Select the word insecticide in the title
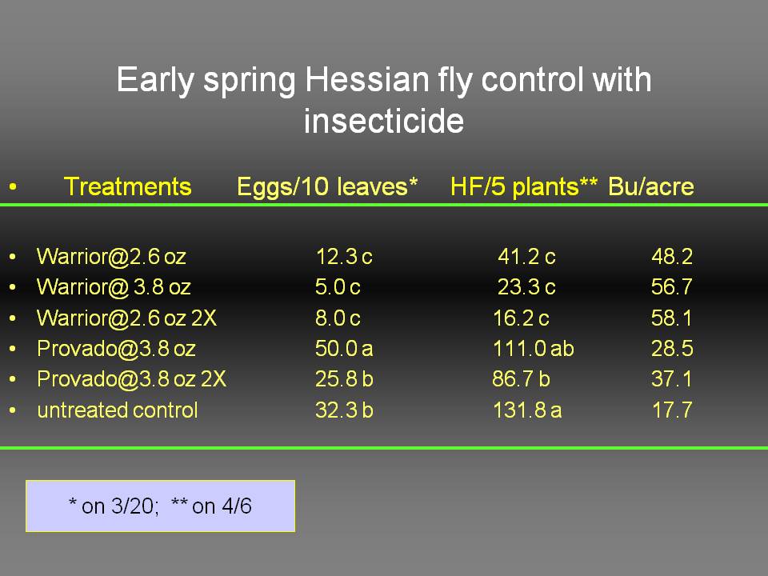click(383, 121)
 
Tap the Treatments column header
click(127, 186)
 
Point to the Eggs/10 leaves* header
click(327, 186)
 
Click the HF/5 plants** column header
click(523, 187)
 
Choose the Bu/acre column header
click(651, 186)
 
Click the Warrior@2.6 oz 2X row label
click(126, 318)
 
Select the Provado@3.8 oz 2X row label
click(131, 379)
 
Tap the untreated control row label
click(118, 410)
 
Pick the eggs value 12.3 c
click(344, 257)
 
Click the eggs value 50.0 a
click(344, 349)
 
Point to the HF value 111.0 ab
click(533, 349)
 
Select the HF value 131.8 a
click(527, 410)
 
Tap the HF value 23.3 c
click(526, 287)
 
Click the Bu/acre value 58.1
click(671, 318)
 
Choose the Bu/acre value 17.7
click(672, 410)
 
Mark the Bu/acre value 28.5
click(672, 349)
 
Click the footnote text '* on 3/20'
click(114, 506)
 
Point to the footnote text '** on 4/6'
click(211, 506)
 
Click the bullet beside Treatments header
click(13, 186)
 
